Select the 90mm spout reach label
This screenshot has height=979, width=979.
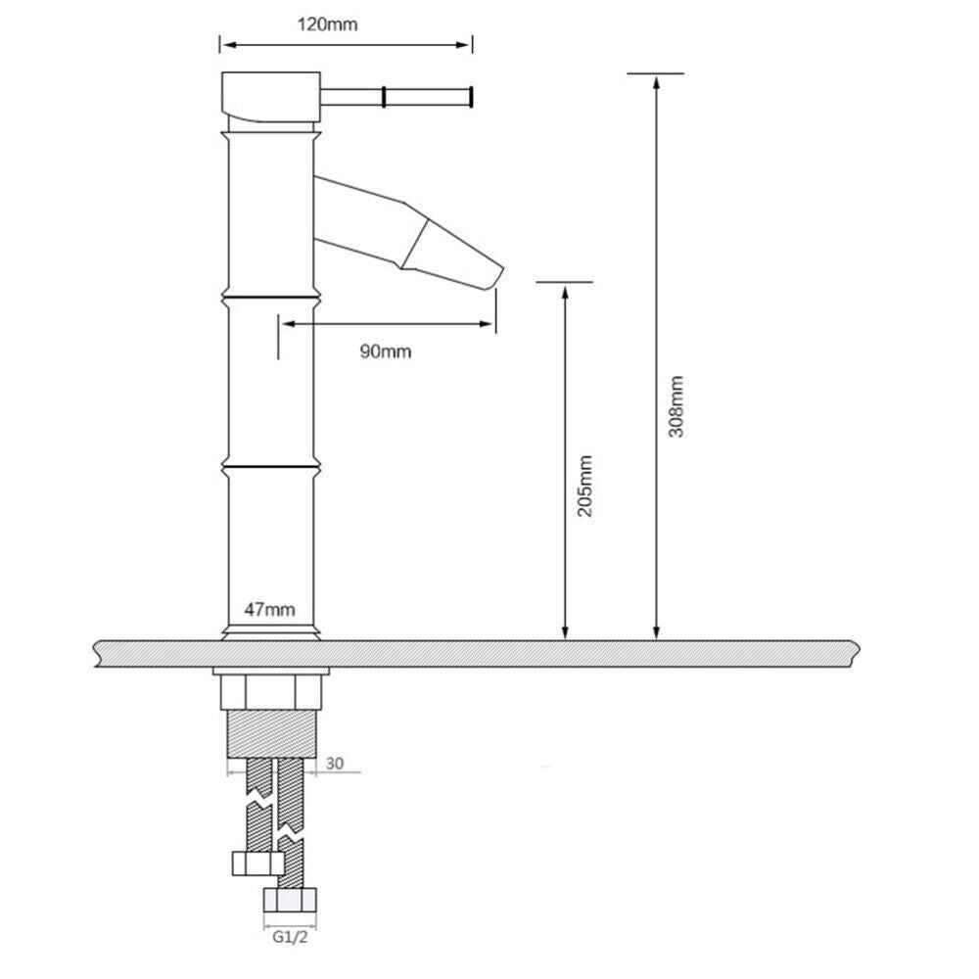click(x=385, y=351)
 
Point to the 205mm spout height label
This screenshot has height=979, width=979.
click(x=585, y=487)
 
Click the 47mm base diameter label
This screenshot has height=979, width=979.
click(x=269, y=610)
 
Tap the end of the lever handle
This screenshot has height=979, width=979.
click(x=472, y=96)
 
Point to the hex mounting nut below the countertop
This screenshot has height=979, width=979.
click(x=270, y=692)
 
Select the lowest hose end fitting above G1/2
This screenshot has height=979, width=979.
click(x=291, y=902)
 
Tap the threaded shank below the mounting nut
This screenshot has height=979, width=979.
click(x=270, y=732)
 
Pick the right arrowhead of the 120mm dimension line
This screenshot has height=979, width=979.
click(x=467, y=44)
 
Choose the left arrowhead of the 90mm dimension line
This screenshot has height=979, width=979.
click(x=285, y=324)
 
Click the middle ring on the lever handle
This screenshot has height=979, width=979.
click(x=385, y=96)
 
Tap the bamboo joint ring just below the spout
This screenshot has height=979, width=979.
click(x=270, y=295)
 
